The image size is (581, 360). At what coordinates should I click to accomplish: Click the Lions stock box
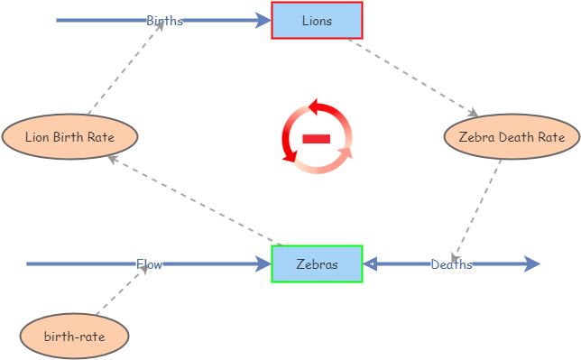[x=317, y=20]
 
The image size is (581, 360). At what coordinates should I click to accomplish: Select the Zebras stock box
[x=317, y=264]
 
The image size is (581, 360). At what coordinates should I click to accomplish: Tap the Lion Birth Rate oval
[x=69, y=137]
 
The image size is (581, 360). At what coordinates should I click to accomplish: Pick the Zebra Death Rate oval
[x=512, y=137]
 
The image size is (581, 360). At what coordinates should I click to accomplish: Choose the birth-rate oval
[x=74, y=337]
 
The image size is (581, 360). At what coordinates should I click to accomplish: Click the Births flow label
[x=164, y=21]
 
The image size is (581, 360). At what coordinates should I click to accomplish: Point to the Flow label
[x=149, y=264]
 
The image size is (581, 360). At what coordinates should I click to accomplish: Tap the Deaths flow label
[x=451, y=264]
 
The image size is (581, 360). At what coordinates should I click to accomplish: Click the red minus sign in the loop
[x=317, y=138]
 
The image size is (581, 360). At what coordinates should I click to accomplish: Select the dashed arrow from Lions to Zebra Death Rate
[x=410, y=78]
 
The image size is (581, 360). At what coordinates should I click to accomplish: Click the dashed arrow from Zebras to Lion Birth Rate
[x=194, y=200]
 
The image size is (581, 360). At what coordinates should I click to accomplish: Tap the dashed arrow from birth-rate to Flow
[x=117, y=296]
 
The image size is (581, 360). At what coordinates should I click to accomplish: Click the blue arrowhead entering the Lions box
[x=263, y=20]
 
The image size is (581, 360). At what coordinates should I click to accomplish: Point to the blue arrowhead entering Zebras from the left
[x=263, y=264]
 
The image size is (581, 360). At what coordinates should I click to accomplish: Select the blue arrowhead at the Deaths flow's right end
[x=531, y=264]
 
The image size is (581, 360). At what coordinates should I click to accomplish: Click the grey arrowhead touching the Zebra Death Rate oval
[x=473, y=114]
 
